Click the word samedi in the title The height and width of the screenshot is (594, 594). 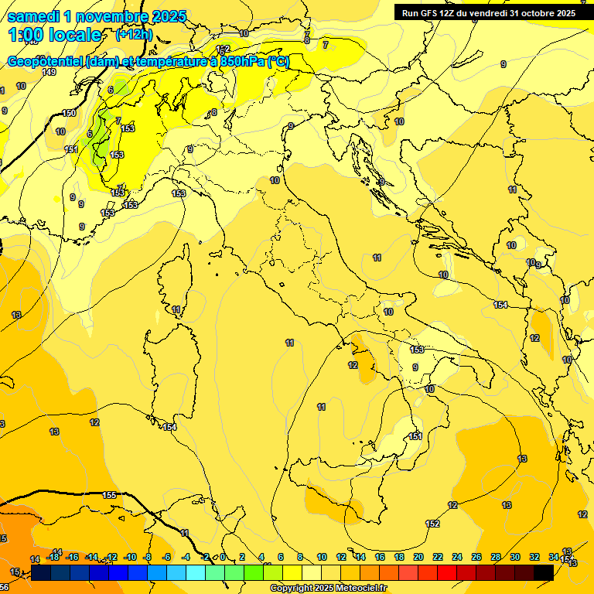point(34,16)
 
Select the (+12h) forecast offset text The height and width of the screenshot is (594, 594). point(133,35)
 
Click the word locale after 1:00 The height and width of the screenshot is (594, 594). point(76,35)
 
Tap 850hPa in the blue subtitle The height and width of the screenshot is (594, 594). point(242,62)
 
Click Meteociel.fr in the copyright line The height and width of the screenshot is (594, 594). point(359,589)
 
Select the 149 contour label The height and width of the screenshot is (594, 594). point(49,72)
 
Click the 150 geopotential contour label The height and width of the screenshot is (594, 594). point(69,113)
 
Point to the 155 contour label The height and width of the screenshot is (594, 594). point(109,495)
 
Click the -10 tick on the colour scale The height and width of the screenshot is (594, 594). point(131,557)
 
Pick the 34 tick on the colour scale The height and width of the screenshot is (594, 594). point(554,557)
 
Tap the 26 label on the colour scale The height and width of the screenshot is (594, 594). point(476,557)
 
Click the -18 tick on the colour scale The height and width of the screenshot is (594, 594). point(53,557)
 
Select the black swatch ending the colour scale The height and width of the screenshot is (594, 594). point(544,572)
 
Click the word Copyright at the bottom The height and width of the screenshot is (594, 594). point(291,589)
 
